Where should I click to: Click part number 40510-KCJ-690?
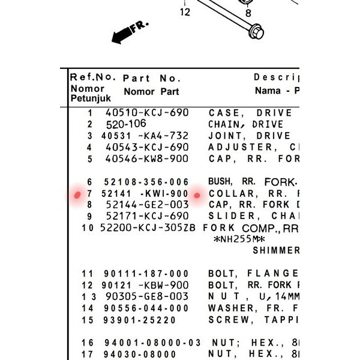(147, 113)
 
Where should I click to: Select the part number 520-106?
(126, 124)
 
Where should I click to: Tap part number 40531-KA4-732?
(147, 136)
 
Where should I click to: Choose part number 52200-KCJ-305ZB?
(148, 228)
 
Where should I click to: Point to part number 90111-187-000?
(147, 274)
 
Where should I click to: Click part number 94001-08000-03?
(152, 343)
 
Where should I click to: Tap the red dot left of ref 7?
(77, 195)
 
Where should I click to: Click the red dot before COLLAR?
(197, 195)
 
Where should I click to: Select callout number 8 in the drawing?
(248, 12)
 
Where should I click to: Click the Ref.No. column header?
(92, 77)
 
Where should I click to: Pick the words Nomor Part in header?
(151, 92)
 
